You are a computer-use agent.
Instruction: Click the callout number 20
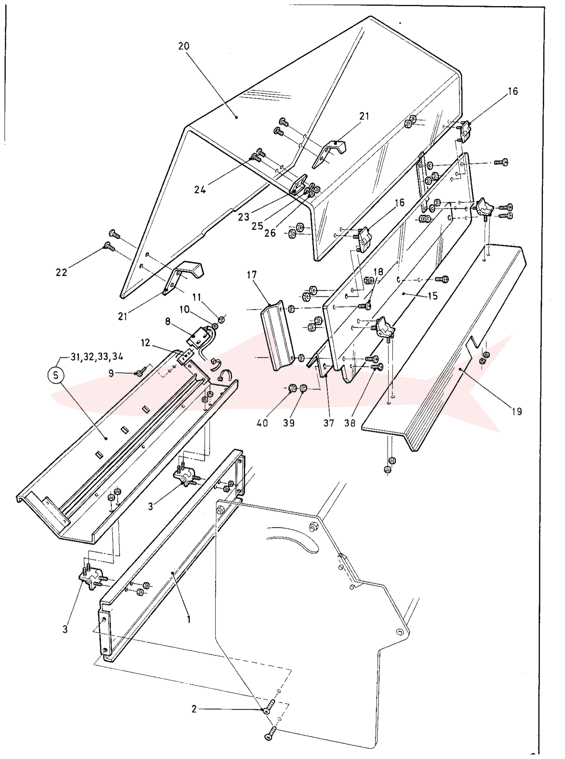tap(184, 46)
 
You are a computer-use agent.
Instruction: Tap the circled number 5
tap(56, 375)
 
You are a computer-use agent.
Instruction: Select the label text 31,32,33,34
tap(96, 356)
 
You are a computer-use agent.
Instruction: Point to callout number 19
tap(516, 411)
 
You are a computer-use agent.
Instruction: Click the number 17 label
tap(252, 274)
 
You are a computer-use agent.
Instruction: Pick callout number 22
tap(61, 272)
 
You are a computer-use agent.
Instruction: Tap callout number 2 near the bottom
tap(194, 709)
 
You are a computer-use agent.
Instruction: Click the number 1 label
tap(189, 619)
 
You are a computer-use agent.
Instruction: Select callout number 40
tap(262, 423)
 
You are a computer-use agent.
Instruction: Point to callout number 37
tap(329, 423)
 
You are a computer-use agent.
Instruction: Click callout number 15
tap(432, 296)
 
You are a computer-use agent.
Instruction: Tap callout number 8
tap(168, 322)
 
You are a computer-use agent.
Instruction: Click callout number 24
tap(200, 190)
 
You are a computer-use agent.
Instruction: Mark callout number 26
tap(270, 233)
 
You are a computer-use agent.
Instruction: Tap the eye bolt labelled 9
tap(140, 372)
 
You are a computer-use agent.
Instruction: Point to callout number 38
tap(350, 423)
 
